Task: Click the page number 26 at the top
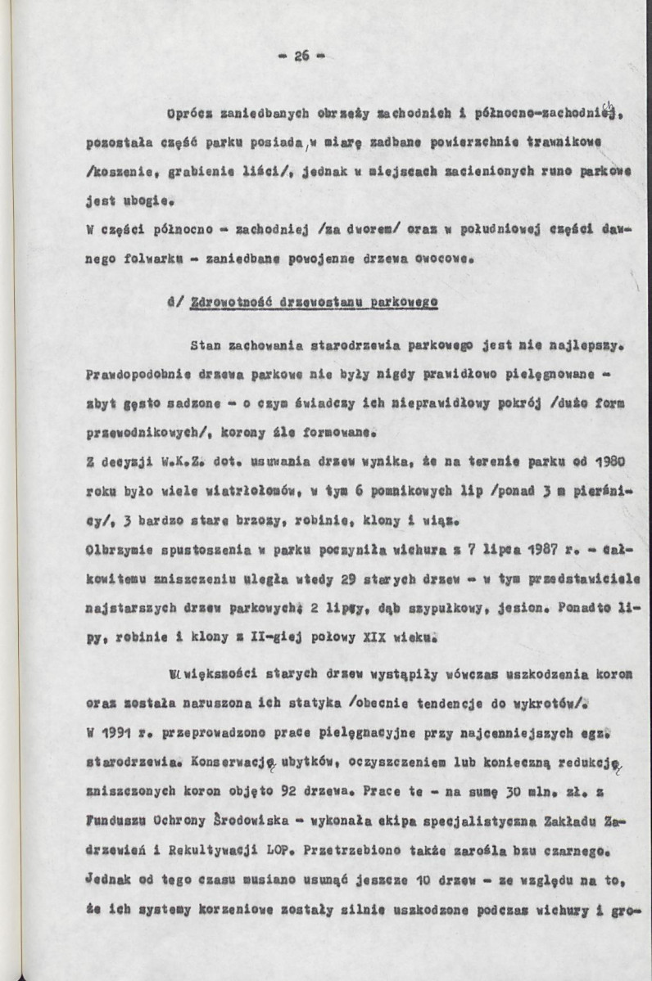pos(301,56)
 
